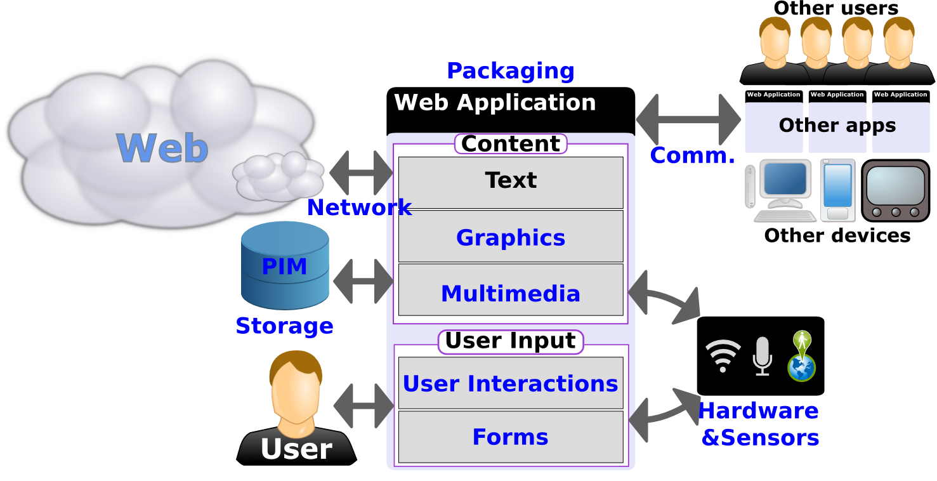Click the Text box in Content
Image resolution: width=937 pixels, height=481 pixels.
coord(511,181)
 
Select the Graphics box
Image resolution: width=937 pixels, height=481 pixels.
coord(511,237)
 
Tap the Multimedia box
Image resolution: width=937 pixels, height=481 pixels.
coord(511,294)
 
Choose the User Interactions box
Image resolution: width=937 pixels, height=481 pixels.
coord(511,383)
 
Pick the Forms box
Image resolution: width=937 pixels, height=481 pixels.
coord(511,437)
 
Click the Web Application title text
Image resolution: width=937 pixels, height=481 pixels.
coord(495,103)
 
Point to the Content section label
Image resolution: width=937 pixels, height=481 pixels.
coord(511,144)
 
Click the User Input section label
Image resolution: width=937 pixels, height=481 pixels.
coord(511,341)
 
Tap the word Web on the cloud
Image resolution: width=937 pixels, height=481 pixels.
coord(162,148)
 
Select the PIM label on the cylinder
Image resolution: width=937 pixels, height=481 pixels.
coord(284,267)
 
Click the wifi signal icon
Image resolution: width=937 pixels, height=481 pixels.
coord(723,355)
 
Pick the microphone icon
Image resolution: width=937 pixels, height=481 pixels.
coord(762,355)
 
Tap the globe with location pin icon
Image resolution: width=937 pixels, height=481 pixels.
coord(801,357)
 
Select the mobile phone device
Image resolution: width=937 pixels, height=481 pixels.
coord(837,190)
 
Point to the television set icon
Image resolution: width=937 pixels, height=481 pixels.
coord(895,190)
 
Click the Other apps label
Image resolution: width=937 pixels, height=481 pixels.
coord(837,126)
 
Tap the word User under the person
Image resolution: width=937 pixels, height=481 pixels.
coord(296,449)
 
